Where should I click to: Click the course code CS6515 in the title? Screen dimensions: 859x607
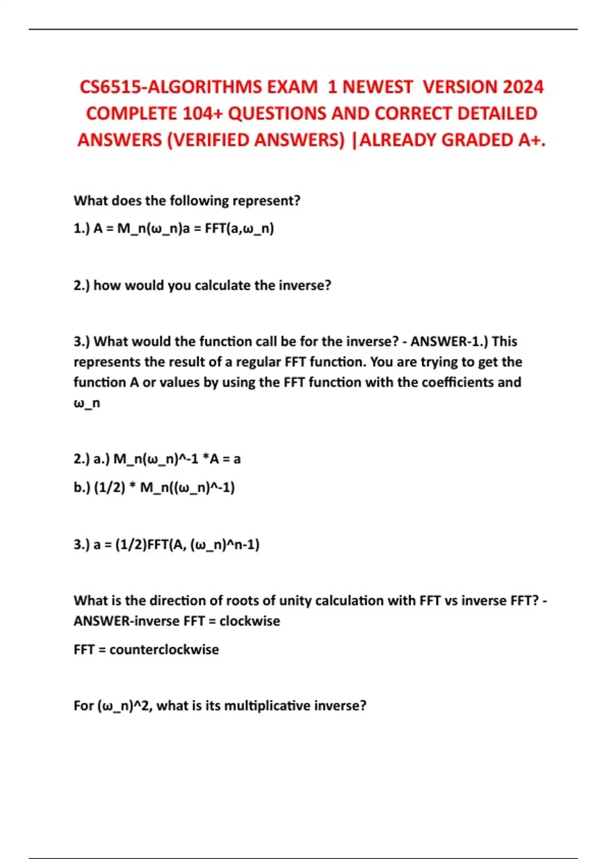tap(110, 87)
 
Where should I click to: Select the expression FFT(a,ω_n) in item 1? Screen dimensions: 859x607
tap(239, 228)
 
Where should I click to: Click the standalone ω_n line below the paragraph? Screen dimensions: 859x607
tap(86, 403)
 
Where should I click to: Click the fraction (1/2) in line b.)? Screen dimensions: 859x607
tap(110, 488)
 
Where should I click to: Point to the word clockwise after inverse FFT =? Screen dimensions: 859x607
tap(249, 621)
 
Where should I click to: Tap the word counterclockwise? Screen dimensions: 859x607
tap(164, 649)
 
